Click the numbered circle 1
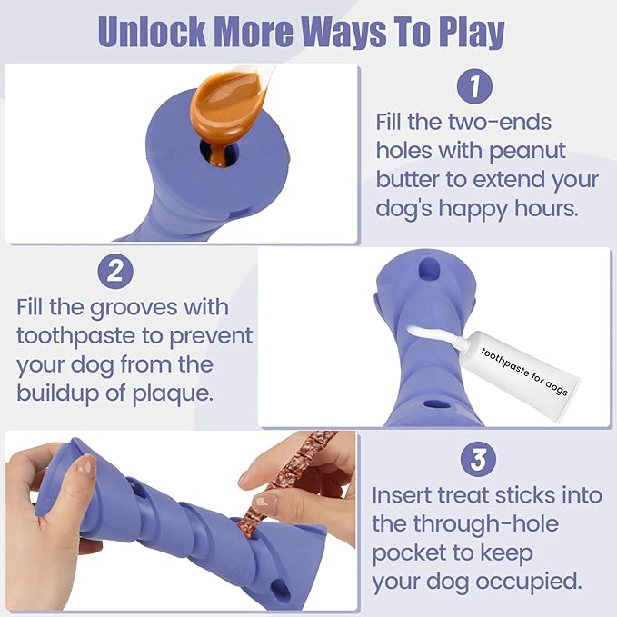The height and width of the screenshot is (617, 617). point(473,87)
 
